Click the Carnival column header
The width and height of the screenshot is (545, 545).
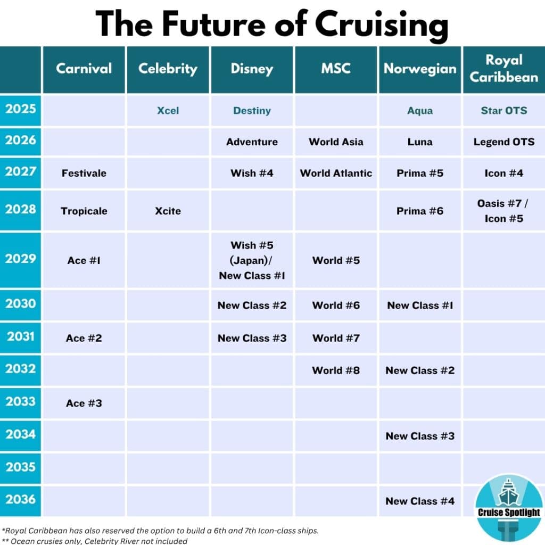click(84, 69)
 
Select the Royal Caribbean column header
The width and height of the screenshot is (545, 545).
click(503, 69)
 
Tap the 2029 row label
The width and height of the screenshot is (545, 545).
click(21, 259)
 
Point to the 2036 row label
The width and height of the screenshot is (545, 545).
click(21, 499)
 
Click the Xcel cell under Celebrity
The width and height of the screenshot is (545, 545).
click(168, 111)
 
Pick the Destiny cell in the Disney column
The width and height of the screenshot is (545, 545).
click(252, 111)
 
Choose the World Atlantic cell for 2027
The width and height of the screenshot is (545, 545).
click(336, 173)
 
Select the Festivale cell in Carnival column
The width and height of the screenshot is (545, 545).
click(84, 173)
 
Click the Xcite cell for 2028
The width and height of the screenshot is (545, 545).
click(168, 211)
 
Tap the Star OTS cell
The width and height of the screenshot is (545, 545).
click(503, 111)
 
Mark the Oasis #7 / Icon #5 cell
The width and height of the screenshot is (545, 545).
click(503, 211)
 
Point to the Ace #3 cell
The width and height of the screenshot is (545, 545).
click(84, 403)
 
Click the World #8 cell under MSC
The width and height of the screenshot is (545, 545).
click(336, 370)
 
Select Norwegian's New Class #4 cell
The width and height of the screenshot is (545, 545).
click(420, 501)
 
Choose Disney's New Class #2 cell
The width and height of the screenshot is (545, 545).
click(252, 305)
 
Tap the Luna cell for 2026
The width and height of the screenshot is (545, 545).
click(420, 142)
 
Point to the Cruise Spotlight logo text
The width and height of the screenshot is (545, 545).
click(508, 513)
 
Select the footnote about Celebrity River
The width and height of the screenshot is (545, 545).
click(96, 541)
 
